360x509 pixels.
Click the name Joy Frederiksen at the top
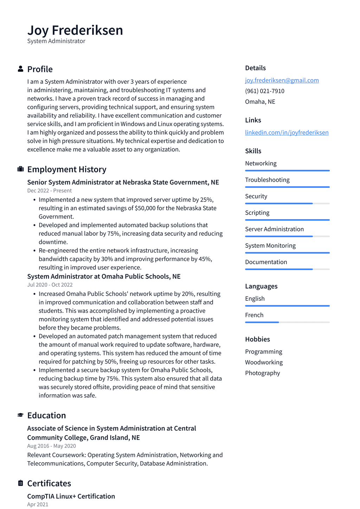[75, 30]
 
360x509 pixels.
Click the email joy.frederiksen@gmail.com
[282, 80]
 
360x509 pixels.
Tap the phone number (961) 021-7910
[264, 91]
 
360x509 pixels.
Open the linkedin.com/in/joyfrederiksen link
[287, 132]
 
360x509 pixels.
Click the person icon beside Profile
[20, 69]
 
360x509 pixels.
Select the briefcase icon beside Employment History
[20, 169]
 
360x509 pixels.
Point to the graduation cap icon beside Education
[20, 415]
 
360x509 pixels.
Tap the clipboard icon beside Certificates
[20, 483]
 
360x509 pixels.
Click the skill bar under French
[287, 322]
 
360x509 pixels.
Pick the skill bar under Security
[287, 203]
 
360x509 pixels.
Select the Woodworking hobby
[264, 362]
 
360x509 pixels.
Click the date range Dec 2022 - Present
[49, 191]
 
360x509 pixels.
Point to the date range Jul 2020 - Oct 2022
[50, 285]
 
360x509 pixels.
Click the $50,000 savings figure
[145, 208]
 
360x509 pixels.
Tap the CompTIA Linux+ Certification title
[71, 496]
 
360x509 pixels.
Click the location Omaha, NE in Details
[260, 102]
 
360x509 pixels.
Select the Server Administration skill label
[274, 229]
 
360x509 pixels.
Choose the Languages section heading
[261, 286]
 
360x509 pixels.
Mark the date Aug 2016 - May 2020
[51, 446]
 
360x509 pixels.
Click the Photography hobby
[262, 373]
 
